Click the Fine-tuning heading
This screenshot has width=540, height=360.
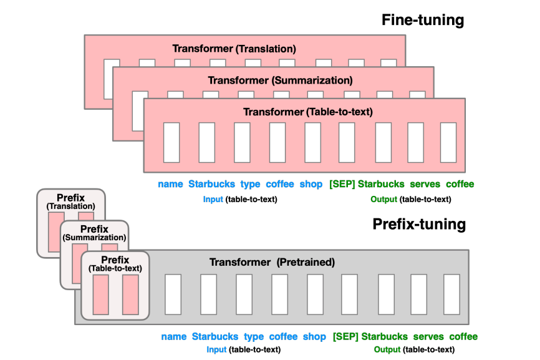(x=423, y=20)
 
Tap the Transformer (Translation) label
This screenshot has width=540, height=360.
(x=234, y=48)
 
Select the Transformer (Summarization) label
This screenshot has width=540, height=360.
(x=280, y=80)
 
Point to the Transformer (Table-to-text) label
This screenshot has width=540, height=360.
(x=308, y=112)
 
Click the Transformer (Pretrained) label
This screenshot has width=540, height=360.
(x=272, y=263)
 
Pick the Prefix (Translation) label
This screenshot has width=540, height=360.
(x=70, y=202)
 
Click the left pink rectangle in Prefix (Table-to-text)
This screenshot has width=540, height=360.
(x=100, y=294)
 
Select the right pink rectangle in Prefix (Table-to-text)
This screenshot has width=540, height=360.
(x=130, y=294)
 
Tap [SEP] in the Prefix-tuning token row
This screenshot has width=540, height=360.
(x=345, y=337)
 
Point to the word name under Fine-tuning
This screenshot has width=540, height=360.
(x=170, y=184)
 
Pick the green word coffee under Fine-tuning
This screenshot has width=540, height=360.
(x=460, y=184)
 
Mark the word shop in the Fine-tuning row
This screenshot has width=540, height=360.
(x=311, y=184)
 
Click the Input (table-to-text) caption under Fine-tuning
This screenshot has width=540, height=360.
(x=240, y=200)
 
